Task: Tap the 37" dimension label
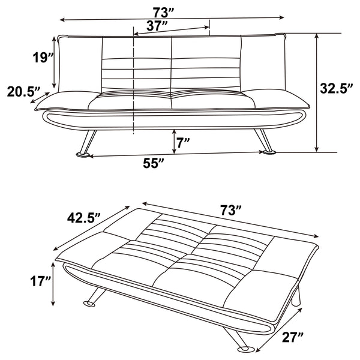click(x=157, y=25)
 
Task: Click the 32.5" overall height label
click(x=337, y=89)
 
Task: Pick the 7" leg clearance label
click(x=184, y=142)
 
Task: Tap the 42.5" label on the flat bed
click(x=84, y=218)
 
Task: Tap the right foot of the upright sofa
click(x=269, y=152)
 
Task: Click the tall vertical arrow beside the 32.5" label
click(x=316, y=93)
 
